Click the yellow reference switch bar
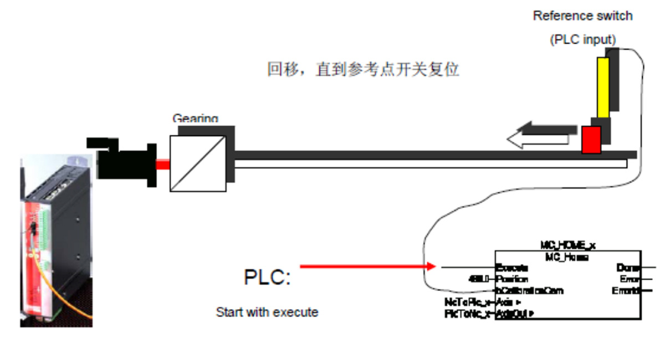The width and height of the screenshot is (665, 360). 603,87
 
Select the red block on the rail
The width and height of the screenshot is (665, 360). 591,140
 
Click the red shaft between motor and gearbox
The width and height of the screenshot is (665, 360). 163,164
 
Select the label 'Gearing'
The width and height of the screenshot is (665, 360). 195,118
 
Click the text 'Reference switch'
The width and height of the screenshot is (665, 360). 582,16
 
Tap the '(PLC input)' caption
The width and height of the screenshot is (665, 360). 582,40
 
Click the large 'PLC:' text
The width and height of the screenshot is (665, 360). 267,276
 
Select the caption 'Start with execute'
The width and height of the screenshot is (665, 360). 267,312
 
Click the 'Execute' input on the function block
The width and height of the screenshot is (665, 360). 511,268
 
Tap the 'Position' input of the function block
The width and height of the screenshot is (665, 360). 513,279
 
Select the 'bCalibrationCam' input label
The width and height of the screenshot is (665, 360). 530,291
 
